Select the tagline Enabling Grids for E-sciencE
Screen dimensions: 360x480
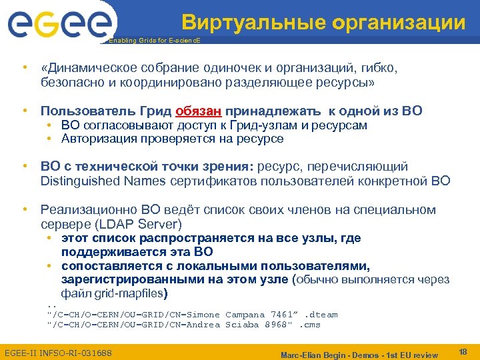point(154,41)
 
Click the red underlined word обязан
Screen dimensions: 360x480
point(199,111)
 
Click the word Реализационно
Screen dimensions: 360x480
point(90,210)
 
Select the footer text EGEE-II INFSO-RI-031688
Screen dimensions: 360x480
point(58,352)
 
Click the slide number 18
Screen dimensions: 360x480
point(463,351)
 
